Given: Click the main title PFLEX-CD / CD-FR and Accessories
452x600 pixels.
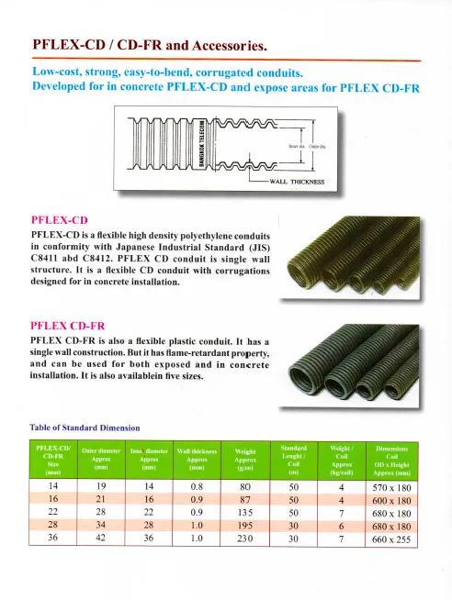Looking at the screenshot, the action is click(150, 44).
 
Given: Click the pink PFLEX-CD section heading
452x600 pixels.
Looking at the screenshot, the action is click(60, 220).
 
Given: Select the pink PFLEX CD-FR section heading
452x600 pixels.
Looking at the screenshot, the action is click(68, 325).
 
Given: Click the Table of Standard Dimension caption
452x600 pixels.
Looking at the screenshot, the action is click(85, 427).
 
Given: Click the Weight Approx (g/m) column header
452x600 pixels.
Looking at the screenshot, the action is click(245, 458).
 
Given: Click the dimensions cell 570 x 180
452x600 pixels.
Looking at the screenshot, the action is click(392, 483).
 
